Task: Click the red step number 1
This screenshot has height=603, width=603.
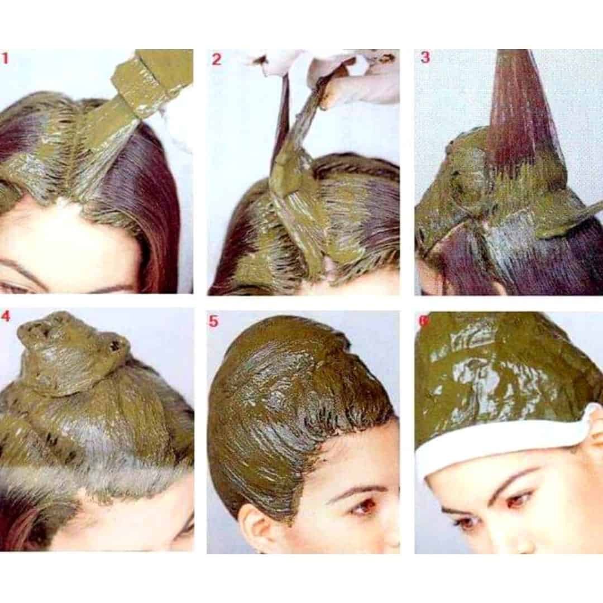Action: [4, 59]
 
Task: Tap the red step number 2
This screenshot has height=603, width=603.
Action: [217, 59]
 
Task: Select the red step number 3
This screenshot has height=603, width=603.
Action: [425, 58]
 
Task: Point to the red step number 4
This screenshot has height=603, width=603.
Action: [6, 316]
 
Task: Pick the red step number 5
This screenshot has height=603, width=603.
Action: [213, 321]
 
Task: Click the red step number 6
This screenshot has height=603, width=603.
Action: [423, 321]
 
